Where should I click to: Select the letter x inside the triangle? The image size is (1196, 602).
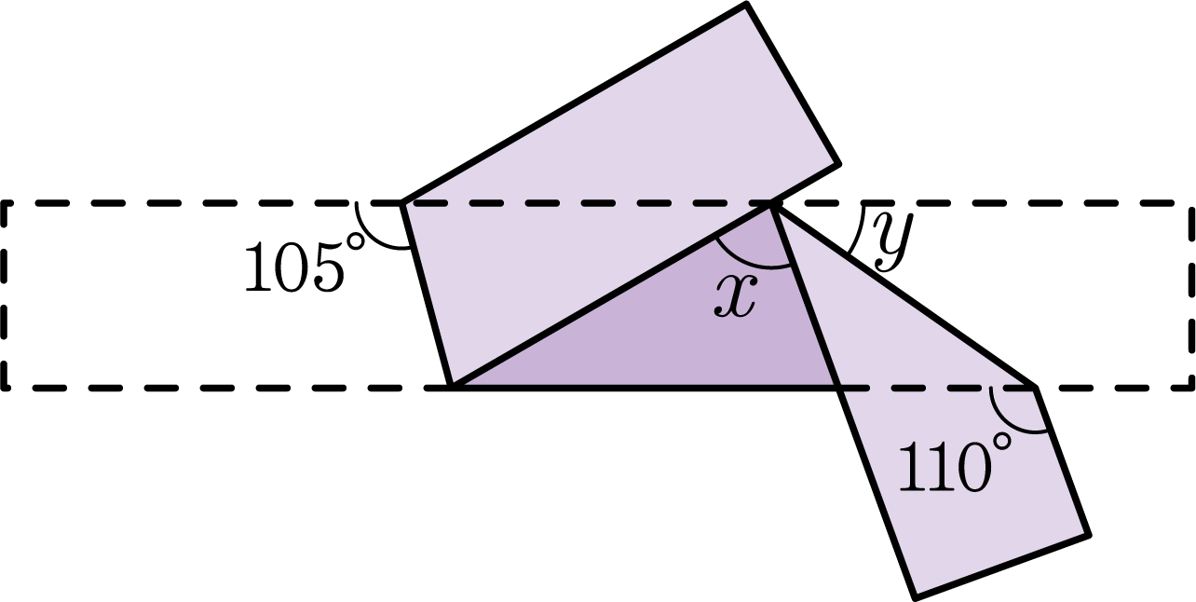[x=736, y=297]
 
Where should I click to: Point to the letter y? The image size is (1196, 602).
[x=893, y=240]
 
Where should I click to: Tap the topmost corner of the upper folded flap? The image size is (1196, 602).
[x=745, y=5]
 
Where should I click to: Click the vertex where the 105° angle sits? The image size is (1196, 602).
[x=402, y=203]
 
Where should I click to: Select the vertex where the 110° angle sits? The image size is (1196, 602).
[x=1035, y=387]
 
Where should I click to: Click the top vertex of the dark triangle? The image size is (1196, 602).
[x=770, y=205]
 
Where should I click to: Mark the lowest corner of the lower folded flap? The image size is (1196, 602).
[x=915, y=597]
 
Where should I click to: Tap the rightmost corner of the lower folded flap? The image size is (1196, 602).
[x=1088, y=535]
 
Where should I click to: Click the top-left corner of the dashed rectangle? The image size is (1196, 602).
[x=5, y=203]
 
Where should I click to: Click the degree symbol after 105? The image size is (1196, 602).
[x=356, y=241]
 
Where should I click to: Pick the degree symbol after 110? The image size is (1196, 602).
[x=1002, y=442]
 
